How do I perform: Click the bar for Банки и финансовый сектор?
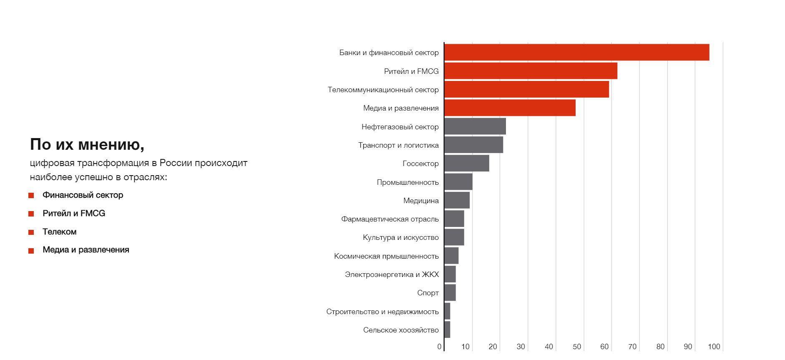tap(576, 52)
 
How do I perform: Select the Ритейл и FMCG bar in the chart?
tap(531, 71)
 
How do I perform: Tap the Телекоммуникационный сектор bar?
tap(526, 89)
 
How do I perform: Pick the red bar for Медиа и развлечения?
tap(510, 108)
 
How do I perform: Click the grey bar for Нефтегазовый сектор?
tap(475, 126)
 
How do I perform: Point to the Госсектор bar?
tap(467, 163)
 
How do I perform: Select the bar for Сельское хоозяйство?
tap(448, 330)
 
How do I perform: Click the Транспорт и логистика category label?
tap(398, 145)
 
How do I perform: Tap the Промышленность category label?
tap(408, 182)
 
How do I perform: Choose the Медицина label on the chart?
tap(421, 201)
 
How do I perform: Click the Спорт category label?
tap(428, 293)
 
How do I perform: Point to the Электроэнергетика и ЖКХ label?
tap(392, 274)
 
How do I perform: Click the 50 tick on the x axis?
tap(576, 347)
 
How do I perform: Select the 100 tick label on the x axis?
tap(714, 347)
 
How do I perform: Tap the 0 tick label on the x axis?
tap(439, 347)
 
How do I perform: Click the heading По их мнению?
tap(87, 144)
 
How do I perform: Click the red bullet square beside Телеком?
tap(31, 232)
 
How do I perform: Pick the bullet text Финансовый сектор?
tap(83, 195)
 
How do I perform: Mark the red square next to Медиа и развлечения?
tap(31, 251)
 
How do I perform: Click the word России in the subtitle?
tap(176, 163)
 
